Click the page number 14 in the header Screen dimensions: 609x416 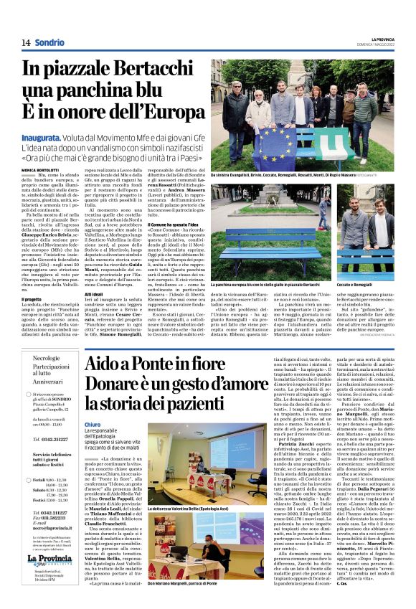(24, 42)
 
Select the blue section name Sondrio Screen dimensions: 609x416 (49, 42)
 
